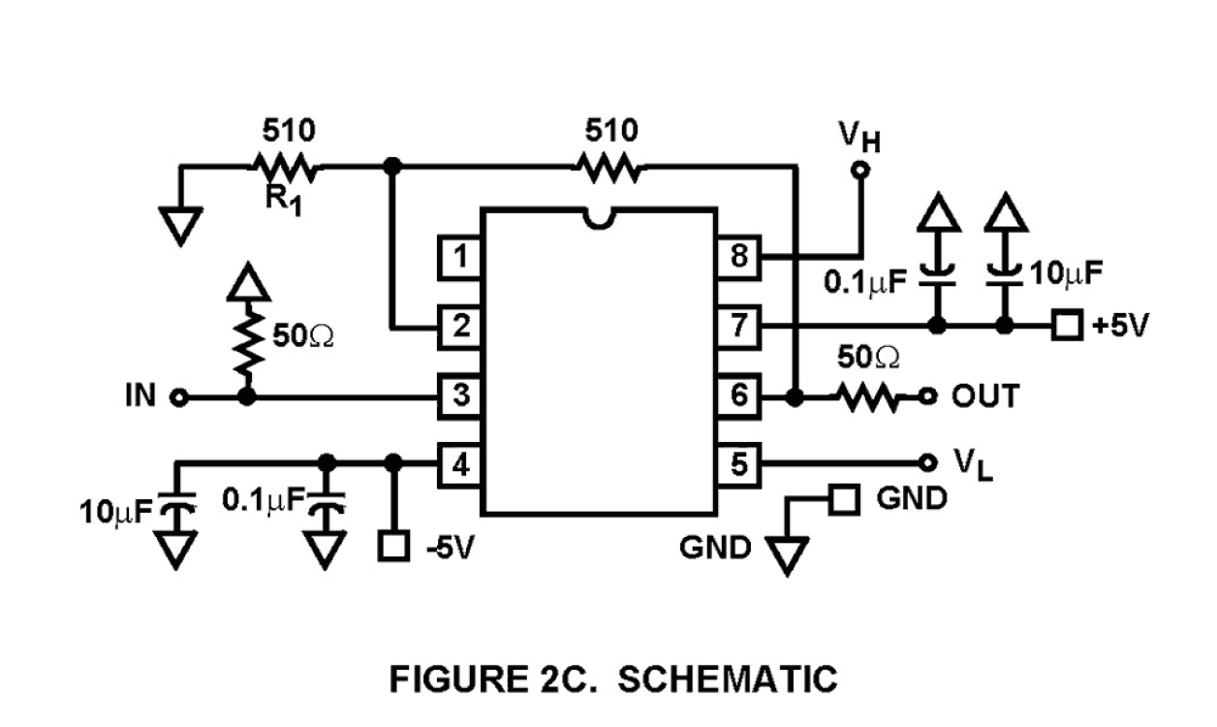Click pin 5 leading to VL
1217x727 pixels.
point(739,464)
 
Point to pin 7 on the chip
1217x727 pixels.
point(739,327)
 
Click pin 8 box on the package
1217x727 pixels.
point(739,258)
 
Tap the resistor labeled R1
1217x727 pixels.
point(285,169)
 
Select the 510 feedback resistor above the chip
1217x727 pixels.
point(609,169)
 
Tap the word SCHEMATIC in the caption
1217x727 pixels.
point(727,680)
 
